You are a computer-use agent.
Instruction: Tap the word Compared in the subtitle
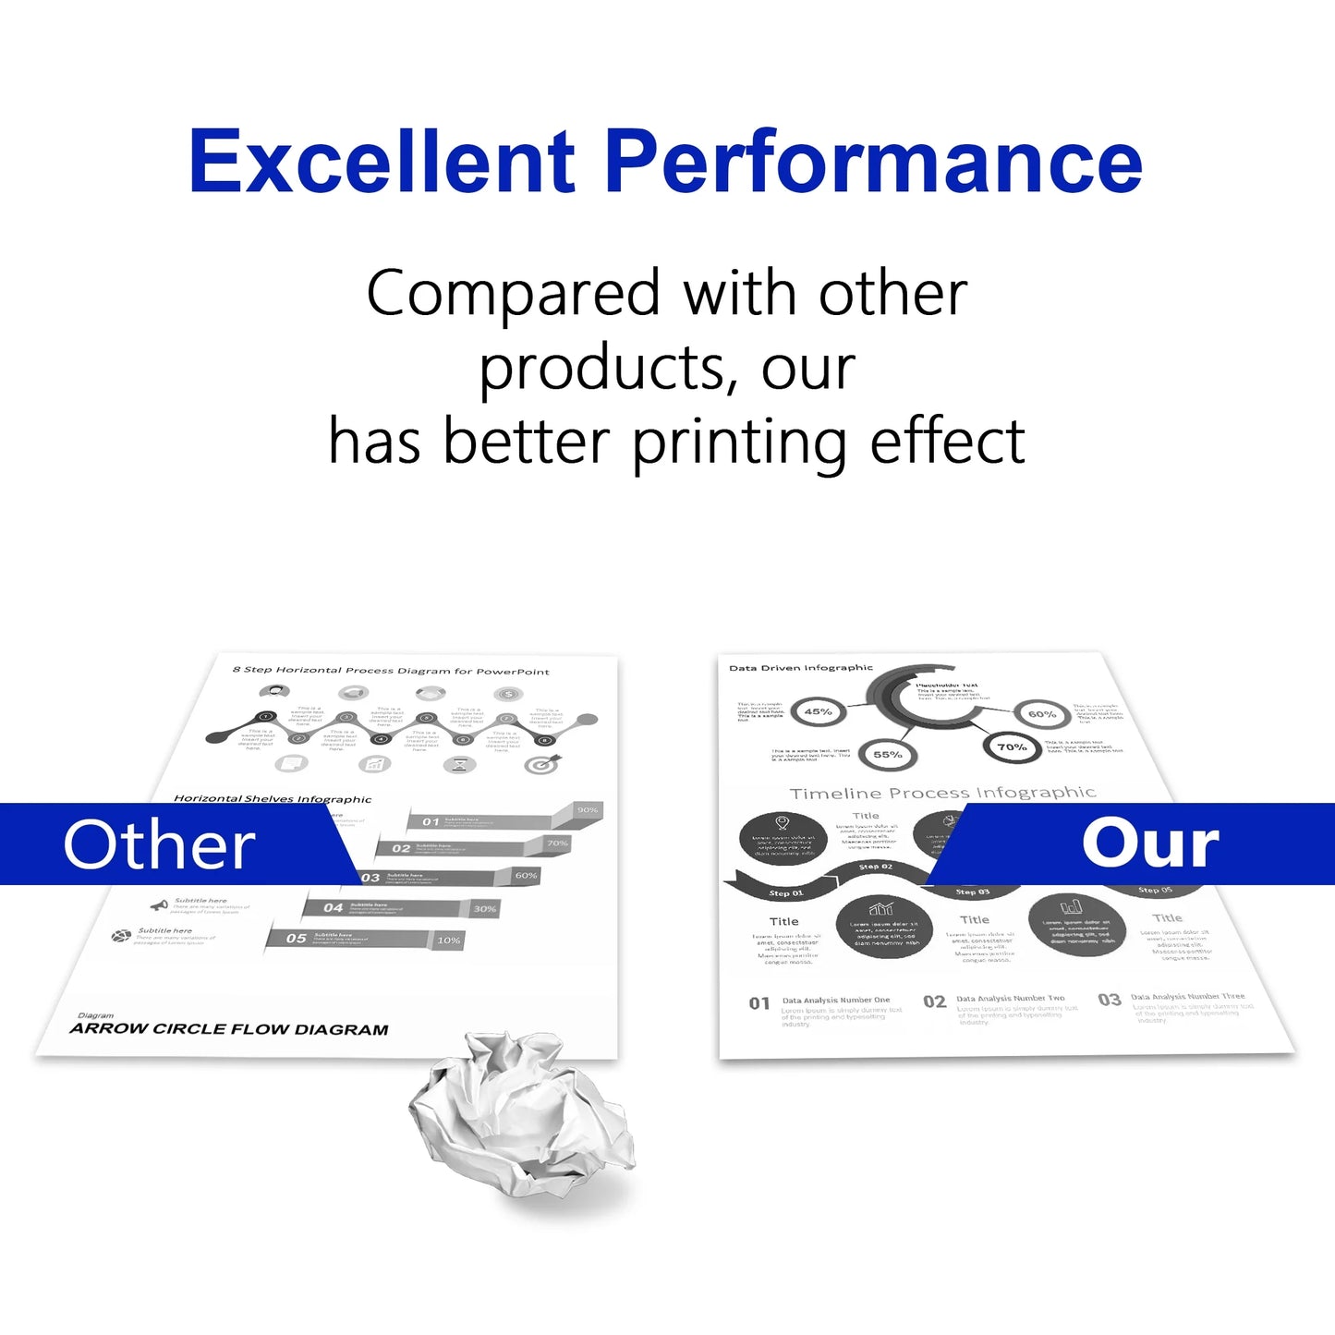point(513,294)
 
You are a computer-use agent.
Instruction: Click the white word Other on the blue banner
point(159,844)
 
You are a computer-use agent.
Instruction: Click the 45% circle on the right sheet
point(818,711)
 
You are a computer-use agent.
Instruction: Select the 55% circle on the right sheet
point(887,754)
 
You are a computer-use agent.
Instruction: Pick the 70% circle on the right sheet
point(1012,746)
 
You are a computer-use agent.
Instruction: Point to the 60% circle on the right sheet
point(1041,714)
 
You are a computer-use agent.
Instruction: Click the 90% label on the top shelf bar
point(588,809)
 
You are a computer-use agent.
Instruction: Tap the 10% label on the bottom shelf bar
point(449,940)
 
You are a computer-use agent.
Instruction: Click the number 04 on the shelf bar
point(333,907)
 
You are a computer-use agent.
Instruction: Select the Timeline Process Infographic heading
point(942,793)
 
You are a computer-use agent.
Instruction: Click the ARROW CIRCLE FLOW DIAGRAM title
point(229,1029)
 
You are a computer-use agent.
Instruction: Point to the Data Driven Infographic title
point(800,667)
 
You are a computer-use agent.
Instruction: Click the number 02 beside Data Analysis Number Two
point(934,1001)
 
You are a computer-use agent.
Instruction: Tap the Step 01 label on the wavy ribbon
point(786,893)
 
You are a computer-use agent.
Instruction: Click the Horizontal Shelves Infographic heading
point(273,798)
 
